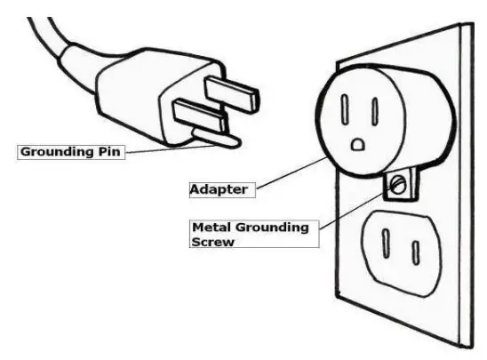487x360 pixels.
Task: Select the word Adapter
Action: (x=218, y=188)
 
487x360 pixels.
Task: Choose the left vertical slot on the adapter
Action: (x=345, y=110)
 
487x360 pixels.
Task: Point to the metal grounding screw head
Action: (x=399, y=185)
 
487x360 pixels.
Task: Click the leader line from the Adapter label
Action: (x=284, y=170)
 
